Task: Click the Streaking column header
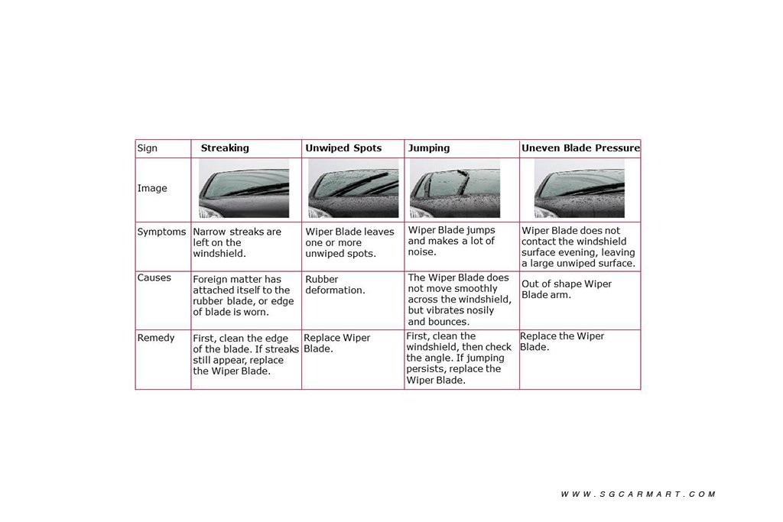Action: (x=225, y=148)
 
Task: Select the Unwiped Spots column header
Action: (x=343, y=148)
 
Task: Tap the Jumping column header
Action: (x=429, y=148)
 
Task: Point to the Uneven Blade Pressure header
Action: (x=580, y=148)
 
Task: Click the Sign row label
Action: (x=148, y=148)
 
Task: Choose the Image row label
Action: (x=152, y=188)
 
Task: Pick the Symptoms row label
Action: (x=161, y=232)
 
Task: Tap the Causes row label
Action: (x=154, y=277)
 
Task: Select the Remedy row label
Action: (x=156, y=337)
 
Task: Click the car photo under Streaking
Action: (x=244, y=188)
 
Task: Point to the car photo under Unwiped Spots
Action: (x=353, y=188)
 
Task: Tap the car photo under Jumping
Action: (x=455, y=188)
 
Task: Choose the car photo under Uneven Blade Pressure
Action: (x=580, y=188)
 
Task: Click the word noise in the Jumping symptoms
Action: (x=421, y=252)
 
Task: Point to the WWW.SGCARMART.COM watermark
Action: (x=638, y=494)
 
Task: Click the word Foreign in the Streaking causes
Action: (x=210, y=280)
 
